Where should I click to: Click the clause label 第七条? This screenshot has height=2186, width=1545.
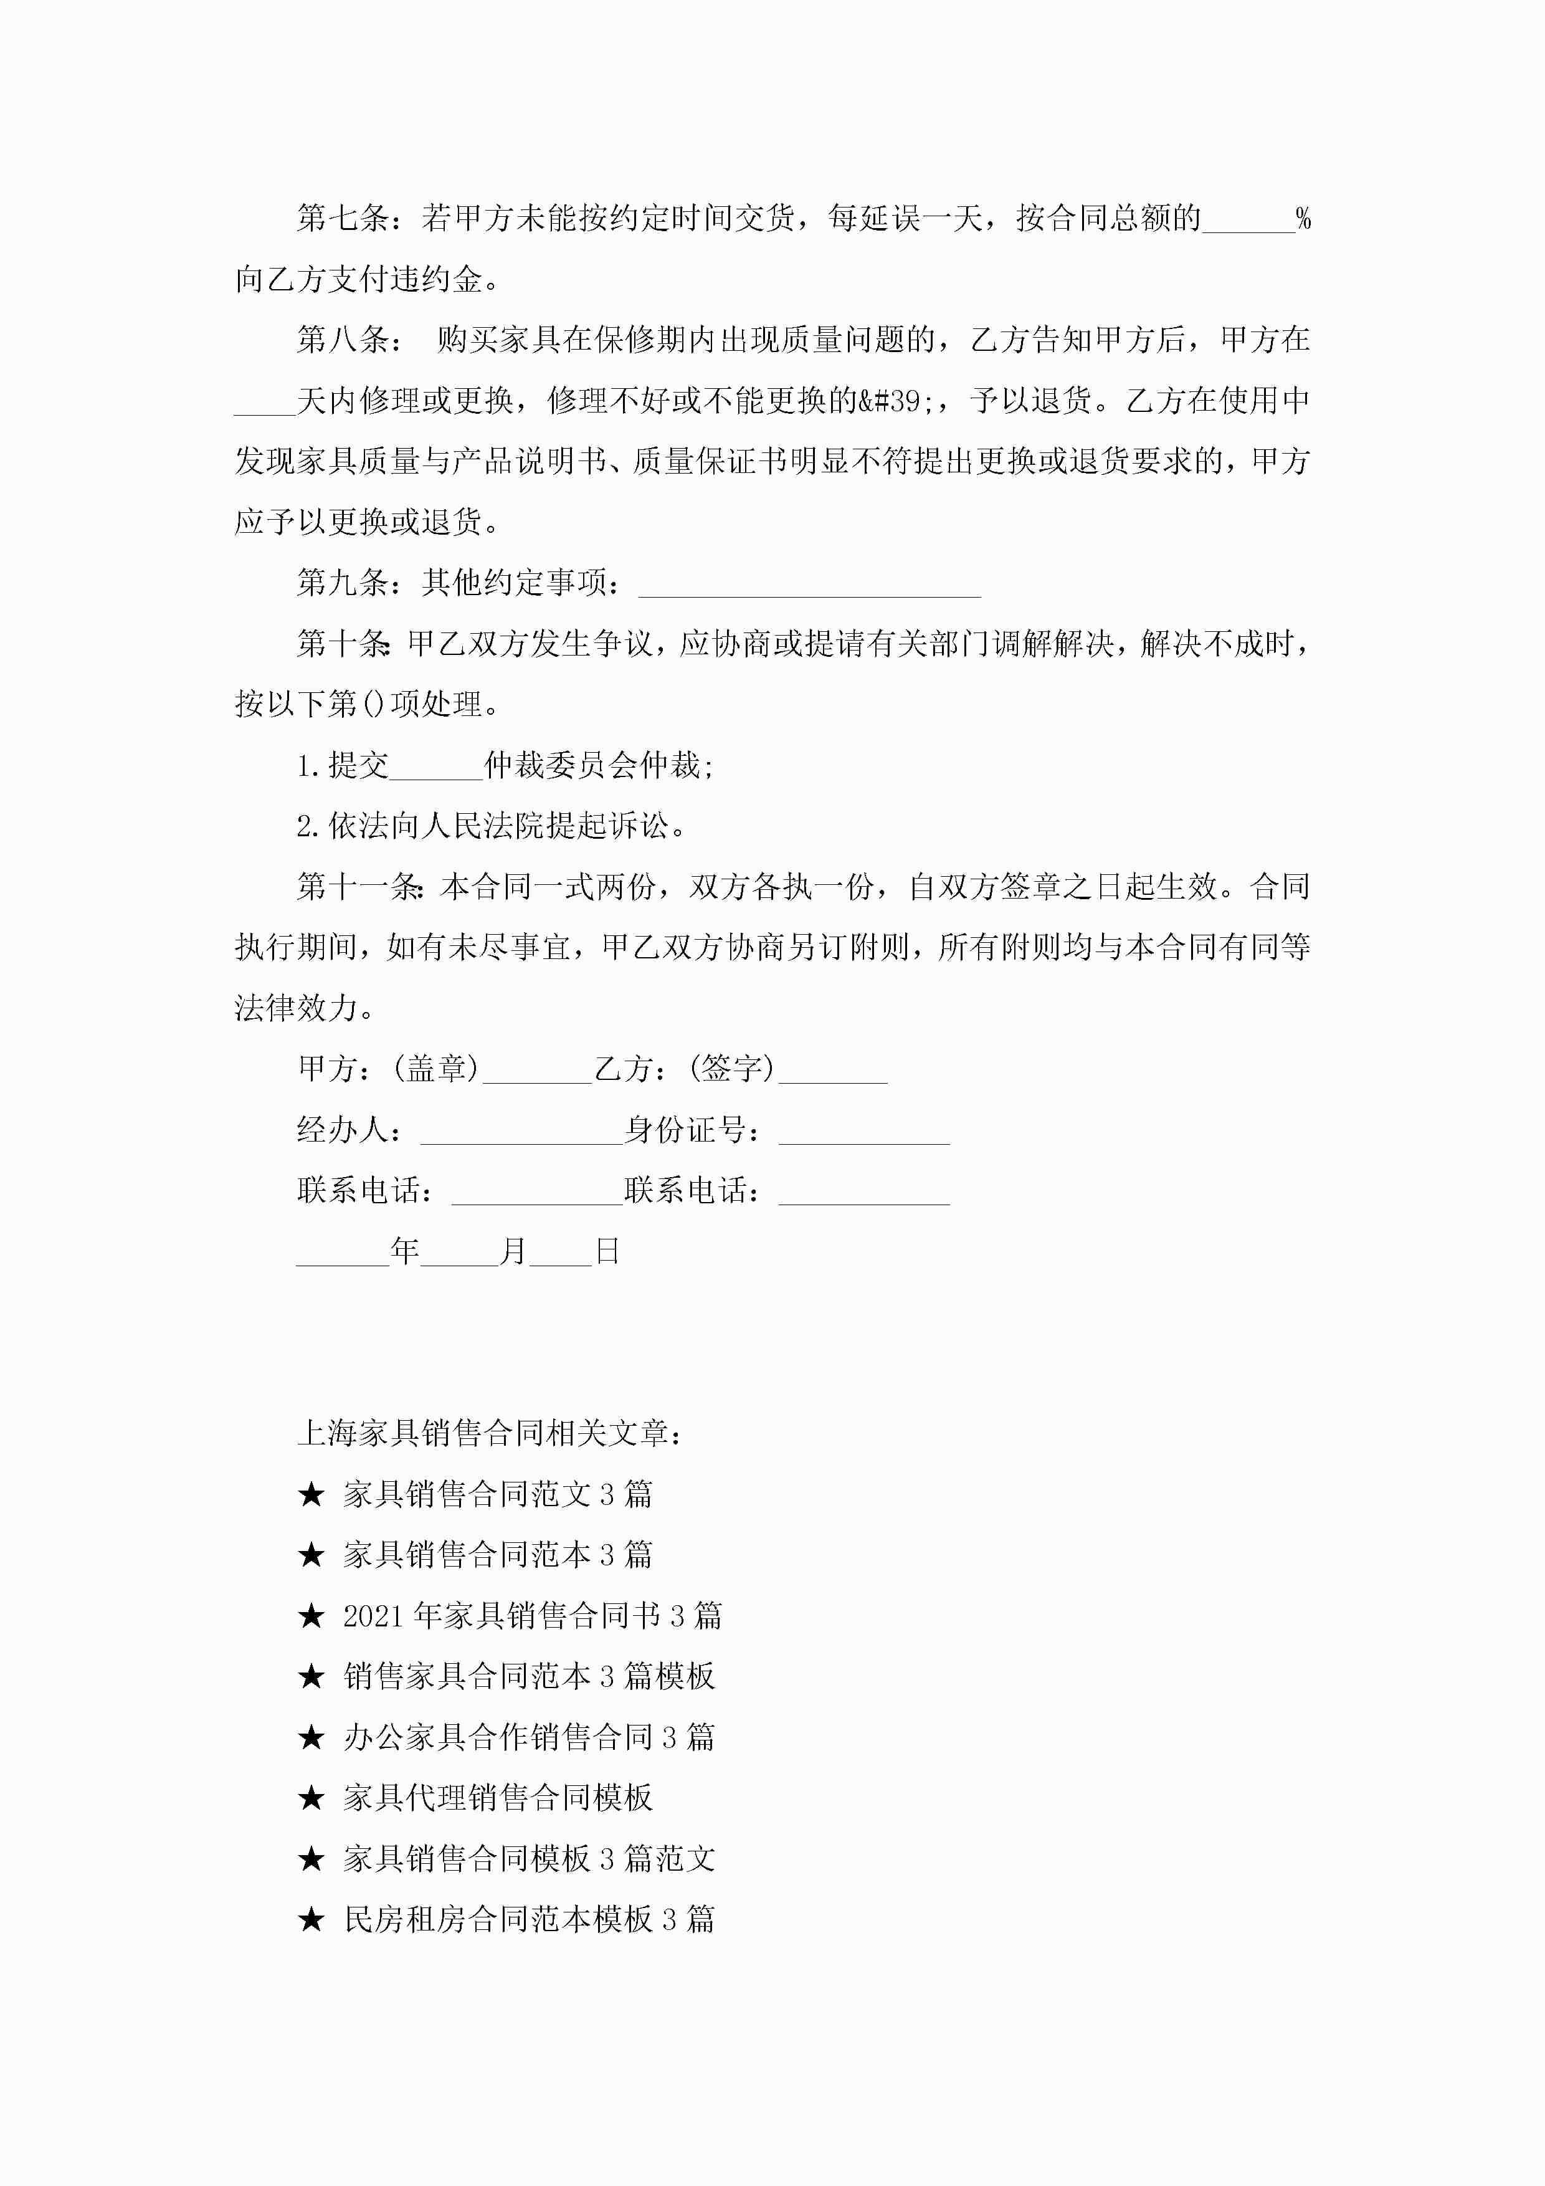(343, 219)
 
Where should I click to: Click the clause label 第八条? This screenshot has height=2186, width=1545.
(343, 340)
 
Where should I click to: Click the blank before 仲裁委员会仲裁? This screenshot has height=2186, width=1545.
(436, 765)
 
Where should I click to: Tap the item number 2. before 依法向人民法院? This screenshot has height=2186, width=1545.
(308, 826)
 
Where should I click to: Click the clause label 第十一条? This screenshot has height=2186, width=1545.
(359, 887)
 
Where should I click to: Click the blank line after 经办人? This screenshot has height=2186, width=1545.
(521, 1130)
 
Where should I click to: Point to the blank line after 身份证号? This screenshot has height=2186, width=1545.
(863, 1130)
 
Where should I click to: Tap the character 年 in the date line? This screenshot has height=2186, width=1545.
(404, 1251)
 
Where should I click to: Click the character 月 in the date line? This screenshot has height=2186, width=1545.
(514, 1251)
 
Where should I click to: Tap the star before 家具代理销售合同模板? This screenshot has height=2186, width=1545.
(311, 1798)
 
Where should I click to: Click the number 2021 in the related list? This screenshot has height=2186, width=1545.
(374, 1616)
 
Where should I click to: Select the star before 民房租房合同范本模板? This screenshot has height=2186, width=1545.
(311, 1919)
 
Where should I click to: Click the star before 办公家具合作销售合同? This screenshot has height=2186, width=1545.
(311, 1737)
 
